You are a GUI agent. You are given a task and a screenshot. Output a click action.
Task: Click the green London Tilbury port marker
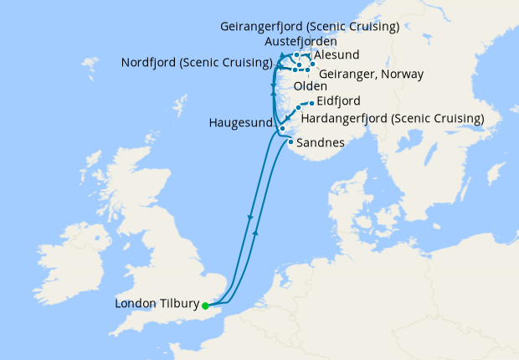205,306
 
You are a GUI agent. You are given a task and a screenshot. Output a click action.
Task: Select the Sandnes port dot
290,141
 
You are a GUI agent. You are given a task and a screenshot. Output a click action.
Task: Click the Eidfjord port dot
312,101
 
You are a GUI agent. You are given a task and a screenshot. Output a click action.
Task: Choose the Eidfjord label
339,101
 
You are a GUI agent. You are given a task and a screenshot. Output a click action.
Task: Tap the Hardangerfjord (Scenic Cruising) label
392,118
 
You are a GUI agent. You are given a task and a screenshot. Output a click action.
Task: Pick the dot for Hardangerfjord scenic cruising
299,108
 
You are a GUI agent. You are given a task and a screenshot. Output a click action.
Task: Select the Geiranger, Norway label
372,74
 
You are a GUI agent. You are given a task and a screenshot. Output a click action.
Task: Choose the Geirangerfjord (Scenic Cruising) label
310,26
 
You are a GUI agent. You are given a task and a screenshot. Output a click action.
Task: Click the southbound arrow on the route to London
250,219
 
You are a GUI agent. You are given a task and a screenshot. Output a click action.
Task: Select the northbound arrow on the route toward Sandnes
255,235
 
